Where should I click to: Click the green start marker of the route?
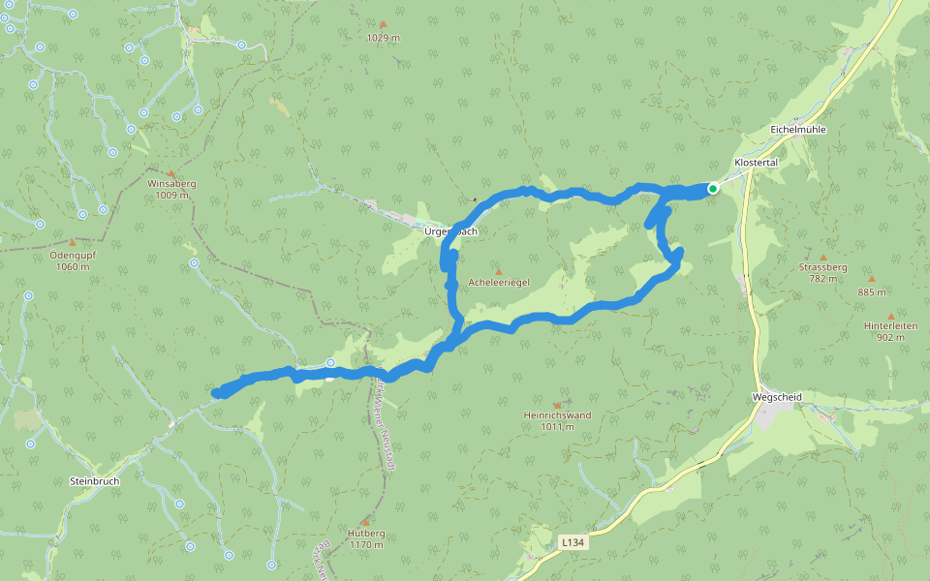click(712, 189)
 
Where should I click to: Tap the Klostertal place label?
click(757, 163)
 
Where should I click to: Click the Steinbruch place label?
click(94, 480)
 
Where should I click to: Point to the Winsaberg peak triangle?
click(171, 172)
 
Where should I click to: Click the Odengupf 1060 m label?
click(72, 260)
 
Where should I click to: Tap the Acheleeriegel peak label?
click(498, 283)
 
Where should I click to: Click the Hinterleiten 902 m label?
click(890, 331)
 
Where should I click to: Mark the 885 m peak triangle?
click(871, 279)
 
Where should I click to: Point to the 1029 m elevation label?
click(383, 38)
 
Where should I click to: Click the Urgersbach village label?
click(450, 232)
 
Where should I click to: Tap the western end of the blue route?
click(217, 392)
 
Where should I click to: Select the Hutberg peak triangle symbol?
click(365, 522)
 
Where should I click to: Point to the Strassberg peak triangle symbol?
click(823, 255)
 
